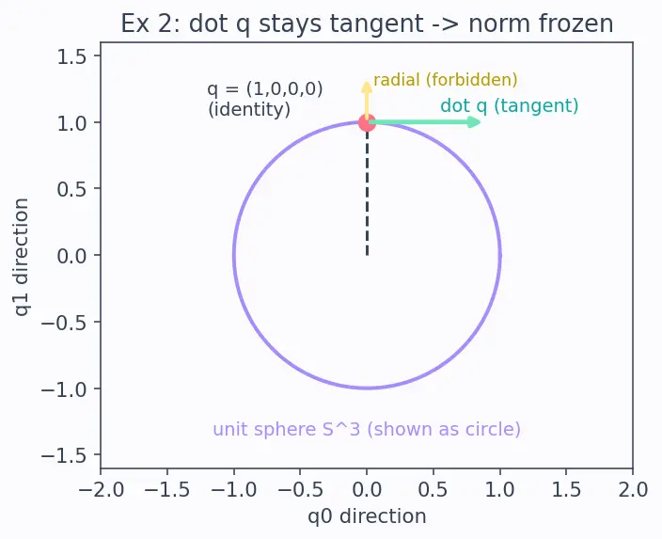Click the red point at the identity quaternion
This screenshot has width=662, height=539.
[x=367, y=122]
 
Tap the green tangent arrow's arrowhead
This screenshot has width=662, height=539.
[x=475, y=122]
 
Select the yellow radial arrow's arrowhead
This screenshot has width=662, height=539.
[x=367, y=87]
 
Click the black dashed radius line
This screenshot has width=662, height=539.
[x=367, y=189]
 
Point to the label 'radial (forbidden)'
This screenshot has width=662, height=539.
[x=446, y=80]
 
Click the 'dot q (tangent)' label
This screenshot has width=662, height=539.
[x=509, y=105]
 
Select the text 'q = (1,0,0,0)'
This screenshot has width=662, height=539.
[x=265, y=89]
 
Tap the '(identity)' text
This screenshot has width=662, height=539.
[x=249, y=109]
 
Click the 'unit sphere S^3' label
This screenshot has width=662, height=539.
[x=287, y=429]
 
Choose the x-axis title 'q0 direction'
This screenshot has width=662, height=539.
[x=367, y=516]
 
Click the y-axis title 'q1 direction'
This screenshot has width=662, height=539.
[x=22, y=257]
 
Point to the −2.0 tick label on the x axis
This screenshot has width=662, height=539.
[x=101, y=490]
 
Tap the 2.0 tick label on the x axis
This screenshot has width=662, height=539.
[x=633, y=490]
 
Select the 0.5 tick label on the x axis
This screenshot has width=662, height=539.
[x=433, y=490]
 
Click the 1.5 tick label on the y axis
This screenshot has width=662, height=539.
[x=71, y=56]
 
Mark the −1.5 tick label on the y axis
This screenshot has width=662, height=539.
[x=64, y=455]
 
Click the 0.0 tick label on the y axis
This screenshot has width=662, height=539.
[x=71, y=256]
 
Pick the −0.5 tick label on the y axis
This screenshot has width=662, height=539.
[x=64, y=323]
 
